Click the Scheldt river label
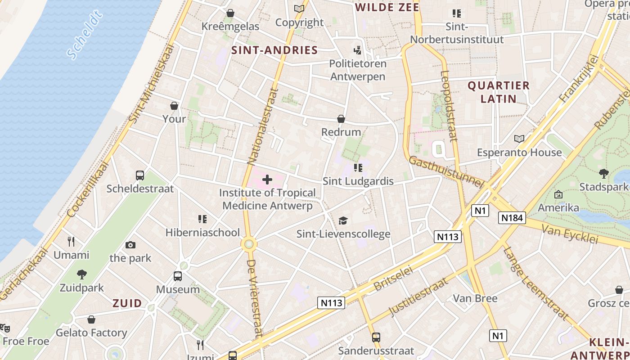coord(85,35)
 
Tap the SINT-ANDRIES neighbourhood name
coord(274,50)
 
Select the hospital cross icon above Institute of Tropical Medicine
coord(267,180)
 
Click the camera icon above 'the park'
coord(130,245)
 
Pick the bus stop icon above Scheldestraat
coord(140,175)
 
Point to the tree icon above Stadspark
coord(603,173)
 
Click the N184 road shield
coord(512,218)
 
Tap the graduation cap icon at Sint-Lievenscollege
coord(343,220)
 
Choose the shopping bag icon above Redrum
coord(341,119)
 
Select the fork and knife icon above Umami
coord(71,242)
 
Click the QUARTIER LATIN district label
coord(498,92)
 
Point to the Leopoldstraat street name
coord(449,106)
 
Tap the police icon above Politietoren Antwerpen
coord(358,50)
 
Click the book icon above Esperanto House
coord(519,139)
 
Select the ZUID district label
coord(127,303)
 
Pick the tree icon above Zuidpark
coord(81,274)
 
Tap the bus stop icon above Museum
coord(178,276)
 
